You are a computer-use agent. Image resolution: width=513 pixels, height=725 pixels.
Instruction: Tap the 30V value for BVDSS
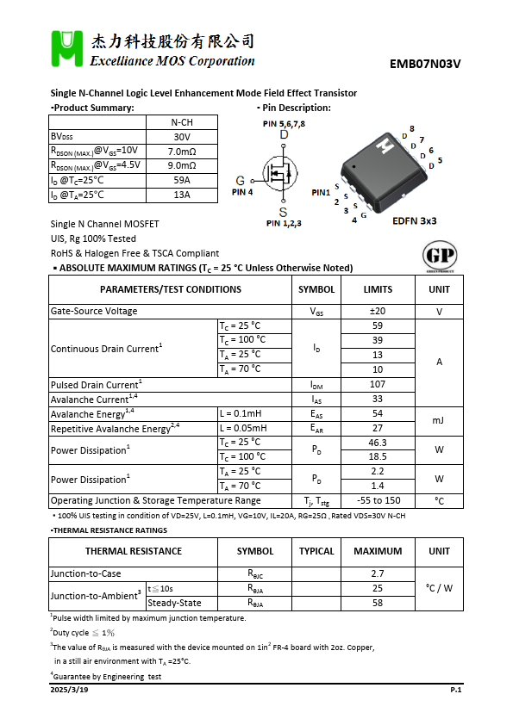[182, 137]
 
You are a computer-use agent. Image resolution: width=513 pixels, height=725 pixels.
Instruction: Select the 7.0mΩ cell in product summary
[182, 152]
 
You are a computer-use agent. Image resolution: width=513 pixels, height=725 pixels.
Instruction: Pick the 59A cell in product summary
[182, 180]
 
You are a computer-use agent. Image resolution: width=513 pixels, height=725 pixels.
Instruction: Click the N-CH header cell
[182, 122]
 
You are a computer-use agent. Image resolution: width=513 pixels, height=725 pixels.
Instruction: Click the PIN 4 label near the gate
[242, 192]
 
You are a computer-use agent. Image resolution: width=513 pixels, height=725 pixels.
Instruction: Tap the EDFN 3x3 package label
[414, 221]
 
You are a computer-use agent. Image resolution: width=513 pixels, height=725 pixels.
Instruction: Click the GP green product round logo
[440, 256]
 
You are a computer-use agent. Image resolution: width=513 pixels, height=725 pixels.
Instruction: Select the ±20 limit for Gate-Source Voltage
[378, 312]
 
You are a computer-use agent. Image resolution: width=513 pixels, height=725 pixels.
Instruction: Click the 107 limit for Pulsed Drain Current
[378, 385]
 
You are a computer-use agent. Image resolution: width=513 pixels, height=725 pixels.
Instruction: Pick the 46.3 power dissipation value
[378, 443]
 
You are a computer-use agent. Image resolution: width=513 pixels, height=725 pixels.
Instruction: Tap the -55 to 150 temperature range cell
[378, 500]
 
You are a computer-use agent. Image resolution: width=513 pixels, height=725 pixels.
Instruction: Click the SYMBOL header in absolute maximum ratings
[316, 289]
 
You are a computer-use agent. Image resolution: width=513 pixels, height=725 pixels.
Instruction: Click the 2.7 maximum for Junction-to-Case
[378, 573]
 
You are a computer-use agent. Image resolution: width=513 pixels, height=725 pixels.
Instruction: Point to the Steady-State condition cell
[175, 603]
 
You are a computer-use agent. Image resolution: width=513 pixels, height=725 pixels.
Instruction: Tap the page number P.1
[456, 690]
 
